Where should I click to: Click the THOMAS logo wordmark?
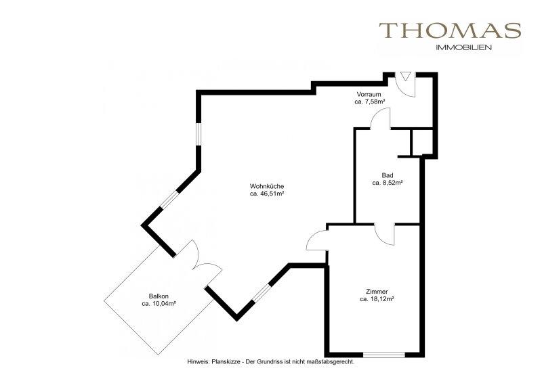click(450, 30)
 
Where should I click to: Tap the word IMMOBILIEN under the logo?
click(464, 48)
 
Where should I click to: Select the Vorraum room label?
click(369, 94)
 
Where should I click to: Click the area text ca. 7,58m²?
click(369, 102)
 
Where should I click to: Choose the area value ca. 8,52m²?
click(388, 183)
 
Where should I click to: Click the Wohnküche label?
click(267, 187)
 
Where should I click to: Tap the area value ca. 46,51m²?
click(267, 194)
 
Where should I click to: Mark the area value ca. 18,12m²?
click(377, 299)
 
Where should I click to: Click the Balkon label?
click(159, 296)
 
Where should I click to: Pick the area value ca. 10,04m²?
click(159, 304)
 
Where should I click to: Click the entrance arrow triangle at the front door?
click(404, 76)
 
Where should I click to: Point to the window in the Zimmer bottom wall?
click(383, 355)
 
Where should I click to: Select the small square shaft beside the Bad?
click(421, 142)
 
